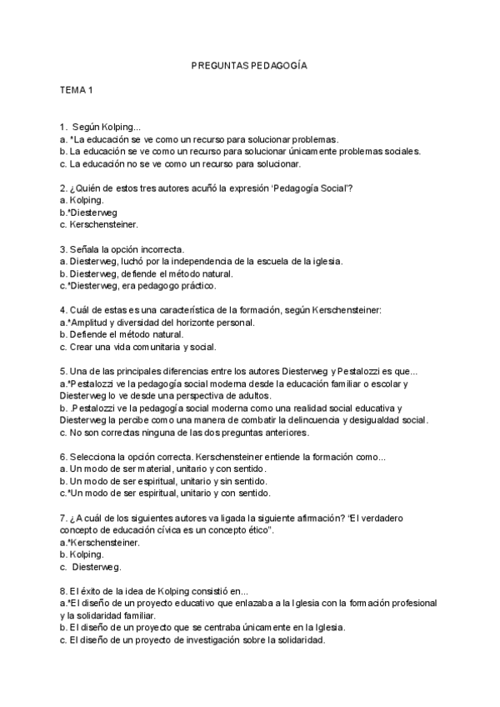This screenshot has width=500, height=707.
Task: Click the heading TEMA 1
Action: pyautogui.click(x=76, y=88)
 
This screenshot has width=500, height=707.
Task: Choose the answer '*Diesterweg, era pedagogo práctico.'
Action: pyautogui.click(x=138, y=285)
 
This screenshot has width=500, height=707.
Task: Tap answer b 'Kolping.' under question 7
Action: pyautogui.click(x=82, y=554)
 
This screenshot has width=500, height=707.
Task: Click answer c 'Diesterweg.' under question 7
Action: pyautogui.click(x=91, y=567)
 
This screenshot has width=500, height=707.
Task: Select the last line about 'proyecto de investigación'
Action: pyautogui.click(x=192, y=640)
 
